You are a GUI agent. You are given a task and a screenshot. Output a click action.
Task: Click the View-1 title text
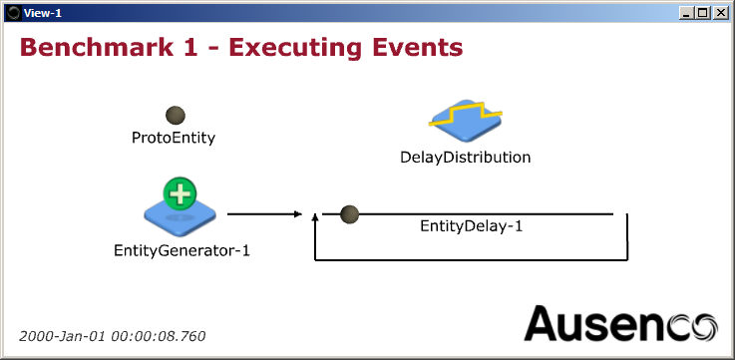(43, 12)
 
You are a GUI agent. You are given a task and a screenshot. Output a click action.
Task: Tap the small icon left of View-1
(13, 12)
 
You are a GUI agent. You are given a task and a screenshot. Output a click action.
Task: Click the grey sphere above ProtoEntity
(175, 116)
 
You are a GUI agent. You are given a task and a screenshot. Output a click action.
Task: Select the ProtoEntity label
(174, 138)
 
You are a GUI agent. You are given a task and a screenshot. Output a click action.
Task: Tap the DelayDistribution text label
(465, 157)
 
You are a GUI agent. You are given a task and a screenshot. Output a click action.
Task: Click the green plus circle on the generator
(180, 192)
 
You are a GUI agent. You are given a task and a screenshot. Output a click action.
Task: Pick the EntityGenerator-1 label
(182, 250)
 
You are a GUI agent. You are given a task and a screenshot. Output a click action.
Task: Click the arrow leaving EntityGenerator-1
(263, 214)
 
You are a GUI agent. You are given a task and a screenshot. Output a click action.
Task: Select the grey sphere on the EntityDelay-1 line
(350, 214)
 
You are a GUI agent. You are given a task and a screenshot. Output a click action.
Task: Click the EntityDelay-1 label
(471, 226)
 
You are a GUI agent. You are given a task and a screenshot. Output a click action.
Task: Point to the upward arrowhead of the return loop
(315, 216)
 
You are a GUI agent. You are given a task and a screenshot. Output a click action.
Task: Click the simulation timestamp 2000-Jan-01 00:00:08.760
(113, 336)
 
